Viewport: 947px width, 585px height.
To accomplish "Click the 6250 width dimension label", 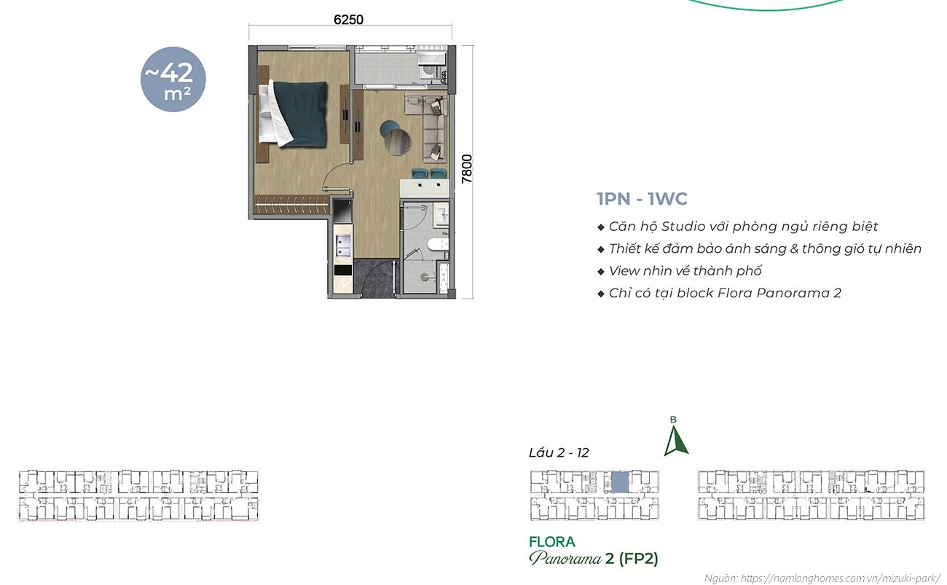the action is coord(348,20).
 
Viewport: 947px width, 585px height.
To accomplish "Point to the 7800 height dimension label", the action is coord(466,169).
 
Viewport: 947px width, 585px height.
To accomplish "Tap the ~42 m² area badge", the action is coord(173,79).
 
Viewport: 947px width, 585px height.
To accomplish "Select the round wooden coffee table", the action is coord(398,142).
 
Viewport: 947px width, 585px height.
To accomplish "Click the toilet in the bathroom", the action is coord(438,244).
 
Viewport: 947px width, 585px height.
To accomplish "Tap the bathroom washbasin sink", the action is coord(441,214).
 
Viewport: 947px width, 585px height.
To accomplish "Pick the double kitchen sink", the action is coord(343,246).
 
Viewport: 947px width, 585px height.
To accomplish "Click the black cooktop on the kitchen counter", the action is coord(343,270).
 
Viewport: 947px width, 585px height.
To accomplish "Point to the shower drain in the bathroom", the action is coord(425,277).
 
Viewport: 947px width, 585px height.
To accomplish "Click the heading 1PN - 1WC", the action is coord(643,199).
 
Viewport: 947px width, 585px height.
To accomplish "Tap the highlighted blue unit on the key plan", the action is coord(620,482).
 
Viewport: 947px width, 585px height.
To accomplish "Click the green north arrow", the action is coord(675,441).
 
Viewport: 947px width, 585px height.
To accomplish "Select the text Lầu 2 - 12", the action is coord(559,452).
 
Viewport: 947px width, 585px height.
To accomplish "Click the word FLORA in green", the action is coord(552,542).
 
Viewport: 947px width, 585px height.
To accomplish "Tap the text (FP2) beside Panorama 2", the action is coord(639,559).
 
